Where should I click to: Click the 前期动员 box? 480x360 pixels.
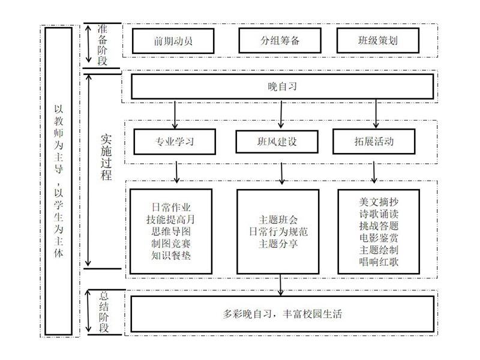[173, 41]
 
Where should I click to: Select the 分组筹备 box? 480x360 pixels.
[280, 40]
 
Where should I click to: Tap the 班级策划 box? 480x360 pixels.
[378, 40]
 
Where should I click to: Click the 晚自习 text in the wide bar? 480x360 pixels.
[282, 86]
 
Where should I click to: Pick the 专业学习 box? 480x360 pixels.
[175, 142]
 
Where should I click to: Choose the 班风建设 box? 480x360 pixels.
[277, 142]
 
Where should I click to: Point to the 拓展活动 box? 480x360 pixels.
[374, 141]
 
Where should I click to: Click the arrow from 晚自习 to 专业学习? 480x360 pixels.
[175, 114]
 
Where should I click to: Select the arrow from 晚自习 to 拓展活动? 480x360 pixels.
[376, 113]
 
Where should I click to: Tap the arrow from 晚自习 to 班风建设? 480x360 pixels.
[281, 114]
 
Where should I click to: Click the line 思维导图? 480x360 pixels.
[171, 232]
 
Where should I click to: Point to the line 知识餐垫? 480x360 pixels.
[171, 256]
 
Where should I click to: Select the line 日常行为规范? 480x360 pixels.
[278, 232]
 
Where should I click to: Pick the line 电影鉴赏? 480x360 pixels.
[379, 238]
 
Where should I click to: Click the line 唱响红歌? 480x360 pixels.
[379, 262]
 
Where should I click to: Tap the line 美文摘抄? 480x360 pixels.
[379, 202]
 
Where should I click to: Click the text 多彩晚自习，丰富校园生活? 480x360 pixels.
[282, 314]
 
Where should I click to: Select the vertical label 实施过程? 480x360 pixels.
[106, 157]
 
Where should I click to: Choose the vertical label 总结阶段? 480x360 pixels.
[104, 312]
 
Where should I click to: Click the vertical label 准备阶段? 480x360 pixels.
[102, 45]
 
